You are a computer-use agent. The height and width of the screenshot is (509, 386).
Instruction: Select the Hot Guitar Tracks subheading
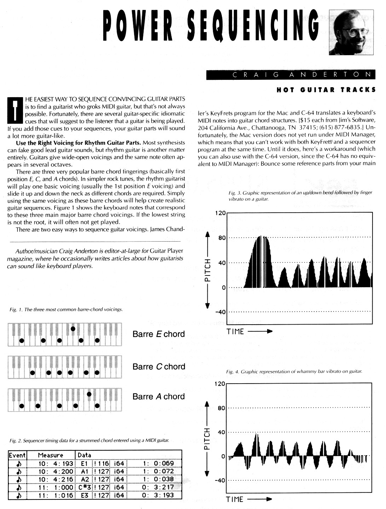point(325,90)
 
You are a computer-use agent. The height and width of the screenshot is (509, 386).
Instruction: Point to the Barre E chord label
point(159,334)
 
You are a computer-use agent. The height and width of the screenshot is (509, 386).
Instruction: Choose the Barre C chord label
point(159,367)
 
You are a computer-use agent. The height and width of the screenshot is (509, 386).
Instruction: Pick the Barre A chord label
point(159,397)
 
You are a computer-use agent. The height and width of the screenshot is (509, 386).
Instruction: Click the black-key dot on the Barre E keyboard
point(73,329)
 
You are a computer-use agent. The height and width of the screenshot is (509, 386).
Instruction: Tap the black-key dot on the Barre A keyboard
point(90,394)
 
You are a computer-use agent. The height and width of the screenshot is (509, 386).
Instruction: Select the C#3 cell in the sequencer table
point(84,488)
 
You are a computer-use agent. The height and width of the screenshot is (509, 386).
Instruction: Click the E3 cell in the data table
point(84,496)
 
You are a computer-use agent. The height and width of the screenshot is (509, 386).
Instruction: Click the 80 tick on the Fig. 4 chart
point(221,408)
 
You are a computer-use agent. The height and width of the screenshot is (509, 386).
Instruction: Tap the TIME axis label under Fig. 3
point(235,332)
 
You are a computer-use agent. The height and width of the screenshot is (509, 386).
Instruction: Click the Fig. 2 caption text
point(89,440)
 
